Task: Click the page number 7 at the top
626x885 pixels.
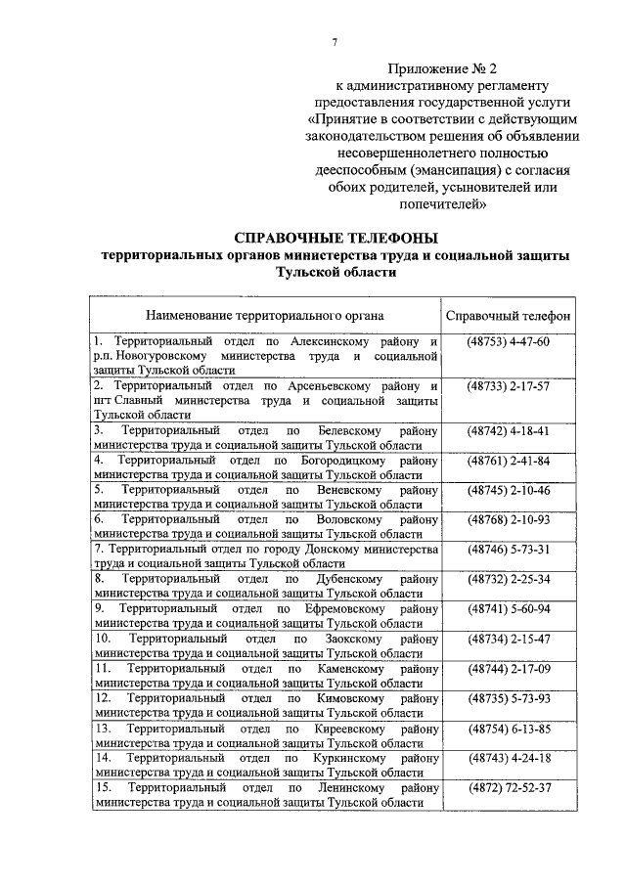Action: point(335,41)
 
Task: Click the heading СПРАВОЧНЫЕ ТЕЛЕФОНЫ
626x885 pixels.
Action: point(335,238)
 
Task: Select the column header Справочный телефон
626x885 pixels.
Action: point(509,316)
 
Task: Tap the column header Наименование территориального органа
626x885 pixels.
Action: point(265,316)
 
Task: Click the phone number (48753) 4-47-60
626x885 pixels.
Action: point(509,341)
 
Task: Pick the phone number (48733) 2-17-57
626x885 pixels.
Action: point(509,386)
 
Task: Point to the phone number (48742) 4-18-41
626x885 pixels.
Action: point(509,431)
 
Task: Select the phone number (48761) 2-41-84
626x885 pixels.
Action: point(509,461)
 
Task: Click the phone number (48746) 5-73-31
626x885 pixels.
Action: point(509,551)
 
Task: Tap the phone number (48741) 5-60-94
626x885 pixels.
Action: point(509,609)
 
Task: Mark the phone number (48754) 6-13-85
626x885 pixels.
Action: point(509,729)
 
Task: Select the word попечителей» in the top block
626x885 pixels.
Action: point(441,204)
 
